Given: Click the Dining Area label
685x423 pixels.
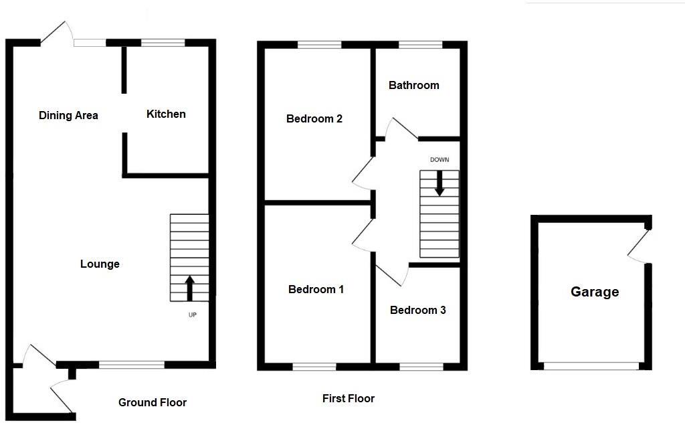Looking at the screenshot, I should pos(68,115).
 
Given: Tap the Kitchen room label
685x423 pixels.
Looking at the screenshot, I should pos(166,114).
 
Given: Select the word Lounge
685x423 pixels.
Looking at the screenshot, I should pos(100,264).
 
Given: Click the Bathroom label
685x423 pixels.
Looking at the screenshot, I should pos(414,85).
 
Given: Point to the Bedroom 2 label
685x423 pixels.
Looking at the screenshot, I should pos(314,118).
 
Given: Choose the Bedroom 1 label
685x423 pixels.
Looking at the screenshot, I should pos(316,289).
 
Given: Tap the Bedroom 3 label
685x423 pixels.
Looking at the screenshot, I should pos(417,310).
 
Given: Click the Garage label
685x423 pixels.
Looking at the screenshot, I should pos(595,292).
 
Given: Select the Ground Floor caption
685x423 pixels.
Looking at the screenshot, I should pos(153,402).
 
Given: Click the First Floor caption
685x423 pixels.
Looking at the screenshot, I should pos(349,398).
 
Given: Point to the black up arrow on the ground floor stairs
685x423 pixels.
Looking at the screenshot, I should pos(189,287).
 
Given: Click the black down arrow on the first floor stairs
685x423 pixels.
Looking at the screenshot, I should pos(439,183).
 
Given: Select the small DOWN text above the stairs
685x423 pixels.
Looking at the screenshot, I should pos(439,159).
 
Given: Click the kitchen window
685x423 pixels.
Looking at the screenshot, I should pos(163,43).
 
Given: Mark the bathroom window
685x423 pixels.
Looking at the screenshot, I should pos(420,45).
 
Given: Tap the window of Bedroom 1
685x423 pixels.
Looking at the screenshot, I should pos(314,366).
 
